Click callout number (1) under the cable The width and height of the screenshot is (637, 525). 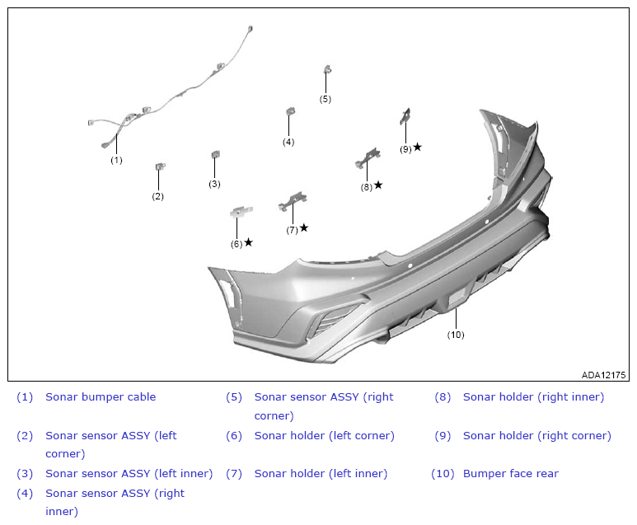(116, 160)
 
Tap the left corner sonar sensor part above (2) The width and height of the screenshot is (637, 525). (161, 166)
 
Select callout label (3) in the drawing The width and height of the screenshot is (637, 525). (214, 184)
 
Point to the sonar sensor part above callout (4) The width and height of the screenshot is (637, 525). (290, 111)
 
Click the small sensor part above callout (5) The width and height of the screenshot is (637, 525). (327, 69)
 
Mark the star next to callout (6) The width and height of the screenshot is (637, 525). (249, 242)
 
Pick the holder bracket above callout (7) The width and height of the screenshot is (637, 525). (293, 201)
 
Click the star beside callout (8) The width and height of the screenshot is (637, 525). (378, 185)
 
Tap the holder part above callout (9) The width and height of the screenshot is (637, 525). (405, 116)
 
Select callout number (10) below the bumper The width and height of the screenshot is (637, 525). (456, 335)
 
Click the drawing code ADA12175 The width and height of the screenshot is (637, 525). (603, 375)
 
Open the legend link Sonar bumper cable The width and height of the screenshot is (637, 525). (101, 397)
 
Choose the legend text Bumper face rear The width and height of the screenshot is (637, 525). (511, 473)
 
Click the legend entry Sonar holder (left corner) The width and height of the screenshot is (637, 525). (324, 436)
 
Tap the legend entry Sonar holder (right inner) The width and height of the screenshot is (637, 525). (533, 397)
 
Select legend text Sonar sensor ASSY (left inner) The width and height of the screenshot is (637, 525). (129, 473)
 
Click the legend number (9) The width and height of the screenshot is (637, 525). (443, 436)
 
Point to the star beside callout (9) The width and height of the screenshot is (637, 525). (417, 147)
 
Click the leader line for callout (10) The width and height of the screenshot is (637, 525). (456, 319)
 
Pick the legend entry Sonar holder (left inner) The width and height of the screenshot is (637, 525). (321, 473)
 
